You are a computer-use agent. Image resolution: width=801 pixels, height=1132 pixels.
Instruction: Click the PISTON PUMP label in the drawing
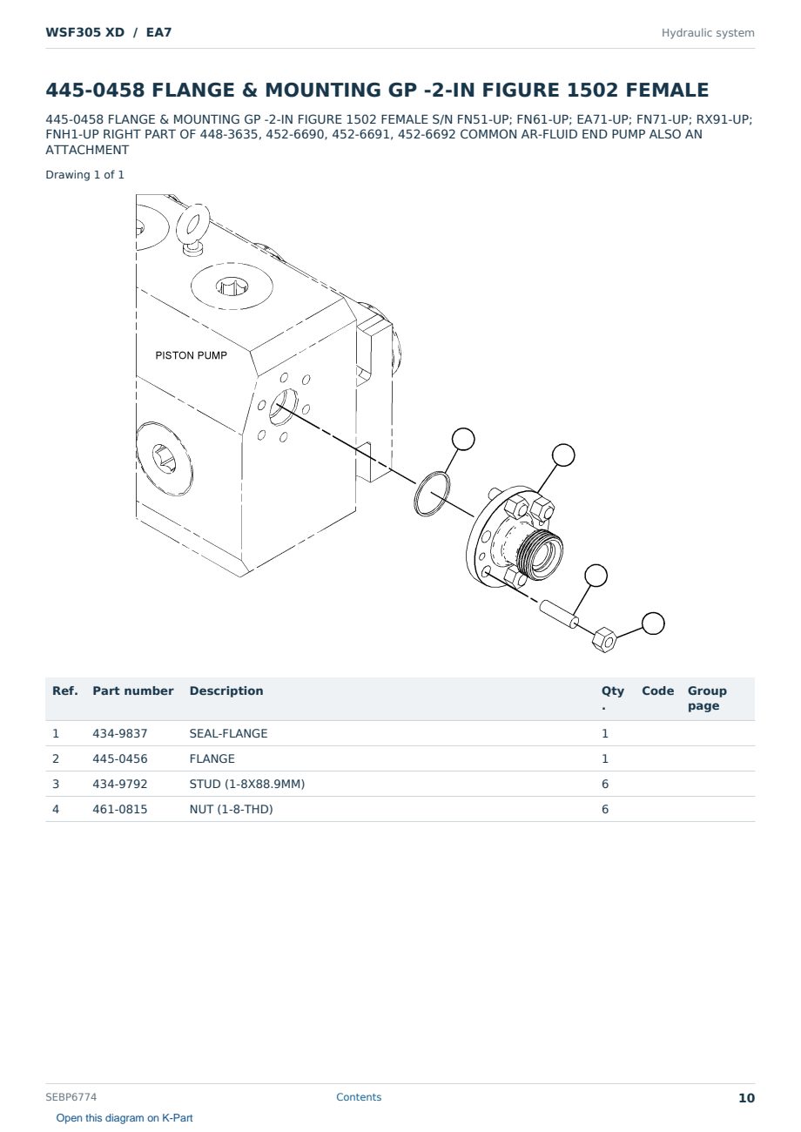pyautogui.click(x=191, y=355)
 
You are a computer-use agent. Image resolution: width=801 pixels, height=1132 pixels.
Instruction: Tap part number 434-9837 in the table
pyautogui.click(x=120, y=733)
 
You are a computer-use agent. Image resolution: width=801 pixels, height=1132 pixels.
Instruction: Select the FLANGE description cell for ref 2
pyautogui.click(x=212, y=758)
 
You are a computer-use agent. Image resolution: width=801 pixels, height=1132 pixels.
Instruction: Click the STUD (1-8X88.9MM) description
pyautogui.click(x=247, y=784)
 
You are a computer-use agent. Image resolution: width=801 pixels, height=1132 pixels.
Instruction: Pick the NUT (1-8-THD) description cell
pyautogui.click(x=231, y=809)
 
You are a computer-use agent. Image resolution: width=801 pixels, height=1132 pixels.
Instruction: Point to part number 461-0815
pyautogui.click(x=120, y=809)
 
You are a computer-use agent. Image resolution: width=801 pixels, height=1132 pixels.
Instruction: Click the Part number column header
pyautogui.click(x=133, y=691)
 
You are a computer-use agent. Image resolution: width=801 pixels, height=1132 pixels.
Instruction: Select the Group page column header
pyautogui.click(x=707, y=697)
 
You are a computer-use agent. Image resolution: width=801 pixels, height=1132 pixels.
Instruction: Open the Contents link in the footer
pyautogui.click(x=359, y=1097)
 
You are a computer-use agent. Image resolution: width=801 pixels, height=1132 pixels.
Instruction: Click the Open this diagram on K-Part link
pyautogui.click(x=125, y=1118)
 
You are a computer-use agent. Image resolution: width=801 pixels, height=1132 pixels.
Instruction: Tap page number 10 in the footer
pyautogui.click(x=746, y=1098)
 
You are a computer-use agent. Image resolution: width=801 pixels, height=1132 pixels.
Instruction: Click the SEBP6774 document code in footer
pyautogui.click(x=71, y=1097)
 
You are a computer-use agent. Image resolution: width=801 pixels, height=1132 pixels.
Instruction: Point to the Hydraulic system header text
pyautogui.click(x=708, y=33)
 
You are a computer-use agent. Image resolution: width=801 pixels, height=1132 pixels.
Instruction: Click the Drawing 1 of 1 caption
pyautogui.click(x=85, y=175)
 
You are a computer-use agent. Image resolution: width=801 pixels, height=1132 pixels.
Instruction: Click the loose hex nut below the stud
pyautogui.click(x=604, y=639)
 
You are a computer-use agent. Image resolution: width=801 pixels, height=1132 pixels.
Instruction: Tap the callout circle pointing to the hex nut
pyautogui.click(x=653, y=623)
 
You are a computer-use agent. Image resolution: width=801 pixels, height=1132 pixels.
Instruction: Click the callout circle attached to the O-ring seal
pyautogui.click(x=463, y=439)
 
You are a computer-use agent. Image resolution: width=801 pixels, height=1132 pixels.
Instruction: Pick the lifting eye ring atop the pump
pyautogui.click(x=192, y=226)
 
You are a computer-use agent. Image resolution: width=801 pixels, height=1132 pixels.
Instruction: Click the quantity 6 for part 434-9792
pyautogui.click(x=605, y=784)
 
